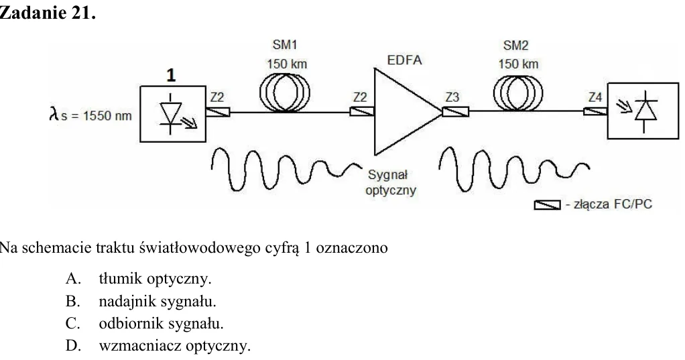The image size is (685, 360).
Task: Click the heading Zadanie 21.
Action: (48, 13)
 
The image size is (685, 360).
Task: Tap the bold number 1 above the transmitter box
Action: (171, 75)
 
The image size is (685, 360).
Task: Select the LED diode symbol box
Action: (173, 114)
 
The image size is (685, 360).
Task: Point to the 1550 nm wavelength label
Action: (90, 115)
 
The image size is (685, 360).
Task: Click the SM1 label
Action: (285, 45)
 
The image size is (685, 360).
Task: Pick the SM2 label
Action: (515, 46)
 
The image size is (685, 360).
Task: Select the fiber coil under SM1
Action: (285, 93)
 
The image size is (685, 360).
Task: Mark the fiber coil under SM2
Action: (518, 93)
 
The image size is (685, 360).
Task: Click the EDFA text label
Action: (405, 60)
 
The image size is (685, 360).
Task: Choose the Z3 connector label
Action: (452, 97)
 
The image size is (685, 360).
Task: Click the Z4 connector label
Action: (595, 97)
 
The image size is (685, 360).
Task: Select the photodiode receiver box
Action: (643, 111)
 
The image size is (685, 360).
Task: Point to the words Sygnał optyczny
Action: (391, 182)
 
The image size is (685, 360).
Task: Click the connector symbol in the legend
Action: (548, 205)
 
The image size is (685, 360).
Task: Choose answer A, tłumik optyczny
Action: (139, 278)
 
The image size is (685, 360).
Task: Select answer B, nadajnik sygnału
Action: (141, 301)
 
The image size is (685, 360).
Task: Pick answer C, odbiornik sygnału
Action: (145, 323)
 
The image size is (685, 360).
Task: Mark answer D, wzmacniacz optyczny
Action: (158, 345)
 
